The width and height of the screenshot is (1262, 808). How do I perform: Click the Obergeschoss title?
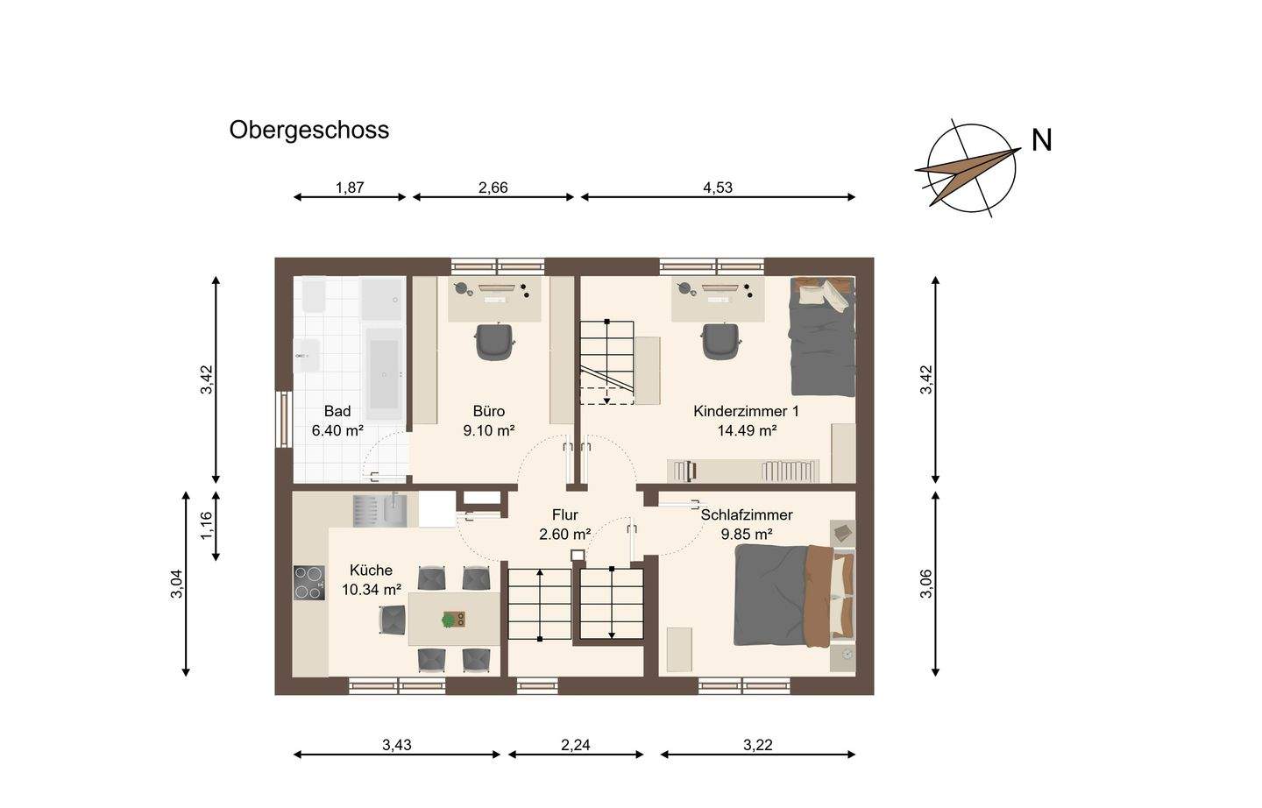point(308,131)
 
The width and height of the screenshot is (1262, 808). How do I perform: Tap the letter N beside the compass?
point(1042,140)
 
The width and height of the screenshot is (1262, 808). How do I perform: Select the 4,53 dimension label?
point(718,188)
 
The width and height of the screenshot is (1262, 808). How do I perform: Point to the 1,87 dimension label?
point(350,188)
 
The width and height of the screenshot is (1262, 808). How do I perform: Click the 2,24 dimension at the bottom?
point(575,745)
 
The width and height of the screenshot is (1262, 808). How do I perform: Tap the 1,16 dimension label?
point(207,525)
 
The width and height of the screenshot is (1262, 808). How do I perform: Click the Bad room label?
point(337,411)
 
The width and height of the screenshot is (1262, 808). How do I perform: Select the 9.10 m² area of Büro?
point(489,431)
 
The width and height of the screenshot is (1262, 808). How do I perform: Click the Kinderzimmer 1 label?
point(746,411)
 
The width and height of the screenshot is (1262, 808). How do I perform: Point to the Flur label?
point(565,515)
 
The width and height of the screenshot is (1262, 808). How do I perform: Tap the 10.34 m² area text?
point(372,590)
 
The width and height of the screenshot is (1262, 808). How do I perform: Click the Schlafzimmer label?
point(747,515)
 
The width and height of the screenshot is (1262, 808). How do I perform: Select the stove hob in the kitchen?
point(309,583)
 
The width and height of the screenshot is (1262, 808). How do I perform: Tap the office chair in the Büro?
point(495,341)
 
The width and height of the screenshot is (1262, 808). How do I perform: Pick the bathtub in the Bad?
point(384,374)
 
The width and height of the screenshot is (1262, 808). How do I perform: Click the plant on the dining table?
point(449,620)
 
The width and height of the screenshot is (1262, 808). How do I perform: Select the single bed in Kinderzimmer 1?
point(823,337)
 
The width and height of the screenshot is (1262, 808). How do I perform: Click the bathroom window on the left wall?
point(284,420)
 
